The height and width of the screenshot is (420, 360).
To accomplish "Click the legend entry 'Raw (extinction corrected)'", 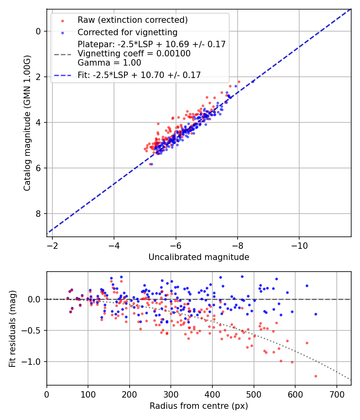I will pos(132,20).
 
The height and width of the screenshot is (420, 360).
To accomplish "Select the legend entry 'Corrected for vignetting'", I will pos(128,32).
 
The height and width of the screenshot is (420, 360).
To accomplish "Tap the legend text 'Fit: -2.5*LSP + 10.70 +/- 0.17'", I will pos(139,75).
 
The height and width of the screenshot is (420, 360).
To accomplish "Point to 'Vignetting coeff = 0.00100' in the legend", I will pos(134,53).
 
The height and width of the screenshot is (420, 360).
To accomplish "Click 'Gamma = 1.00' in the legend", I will pos(109,62).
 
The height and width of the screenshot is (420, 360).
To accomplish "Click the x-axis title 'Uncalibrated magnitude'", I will pos(199,257).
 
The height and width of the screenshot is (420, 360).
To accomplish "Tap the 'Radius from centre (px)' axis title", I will pos(199,406).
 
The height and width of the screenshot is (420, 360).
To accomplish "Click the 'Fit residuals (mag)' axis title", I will pos(12,328).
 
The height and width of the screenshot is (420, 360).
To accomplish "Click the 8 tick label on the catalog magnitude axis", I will pos(39,214).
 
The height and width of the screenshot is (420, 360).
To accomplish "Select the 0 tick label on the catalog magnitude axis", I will pos(39,31).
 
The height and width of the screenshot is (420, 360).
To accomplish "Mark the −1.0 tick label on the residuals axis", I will pos(33,362).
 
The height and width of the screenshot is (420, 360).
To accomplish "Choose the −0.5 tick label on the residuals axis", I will pos(33,330).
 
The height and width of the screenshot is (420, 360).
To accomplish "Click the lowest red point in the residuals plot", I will pos(316,376).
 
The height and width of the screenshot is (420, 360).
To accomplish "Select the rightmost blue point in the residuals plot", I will pos(316,314).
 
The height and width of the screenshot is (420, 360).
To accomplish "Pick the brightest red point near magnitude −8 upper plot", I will pos(239,82).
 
